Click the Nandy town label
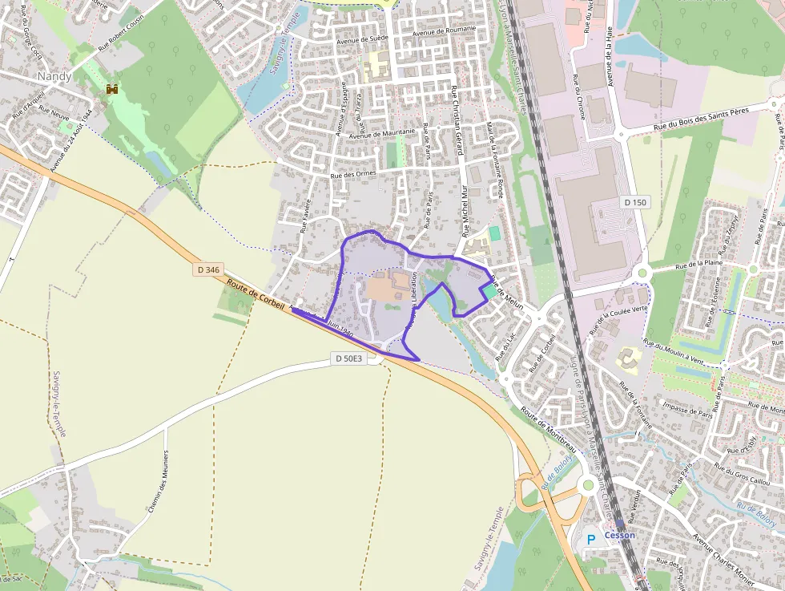click(x=54, y=76)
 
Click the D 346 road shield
click(x=207, y=270)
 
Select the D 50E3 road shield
click(x=349, y=358)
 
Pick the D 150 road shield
click(x=634, y=202)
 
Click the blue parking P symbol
click(x=591, y=540)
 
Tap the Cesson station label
click(x=620, y=535)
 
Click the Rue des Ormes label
click(x=353, y=175)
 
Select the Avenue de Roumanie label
click(x=444, y=30)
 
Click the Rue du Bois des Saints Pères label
click(x=705, y=117)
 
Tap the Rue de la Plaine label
click(x=699, y=263)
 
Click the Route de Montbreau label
click(x=548, y=426)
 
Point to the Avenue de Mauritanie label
click(x=382, y=133)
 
